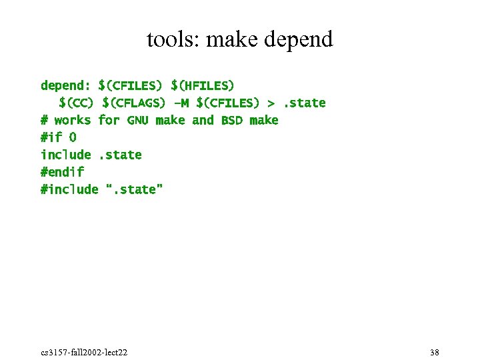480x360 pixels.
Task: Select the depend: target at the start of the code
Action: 66,85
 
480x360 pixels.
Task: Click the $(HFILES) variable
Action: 203,85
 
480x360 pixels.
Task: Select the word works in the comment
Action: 72,120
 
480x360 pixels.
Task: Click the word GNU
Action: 137,120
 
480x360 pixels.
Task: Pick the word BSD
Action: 231,120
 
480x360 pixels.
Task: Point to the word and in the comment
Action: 203,120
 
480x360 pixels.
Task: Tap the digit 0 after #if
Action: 73,137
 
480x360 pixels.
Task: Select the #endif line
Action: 62,172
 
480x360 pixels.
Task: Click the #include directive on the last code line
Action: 69,189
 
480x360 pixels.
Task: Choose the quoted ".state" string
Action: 135,189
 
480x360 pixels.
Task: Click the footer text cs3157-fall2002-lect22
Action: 84,352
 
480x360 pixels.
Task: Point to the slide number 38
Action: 435,352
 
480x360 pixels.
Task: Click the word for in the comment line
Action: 108,120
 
